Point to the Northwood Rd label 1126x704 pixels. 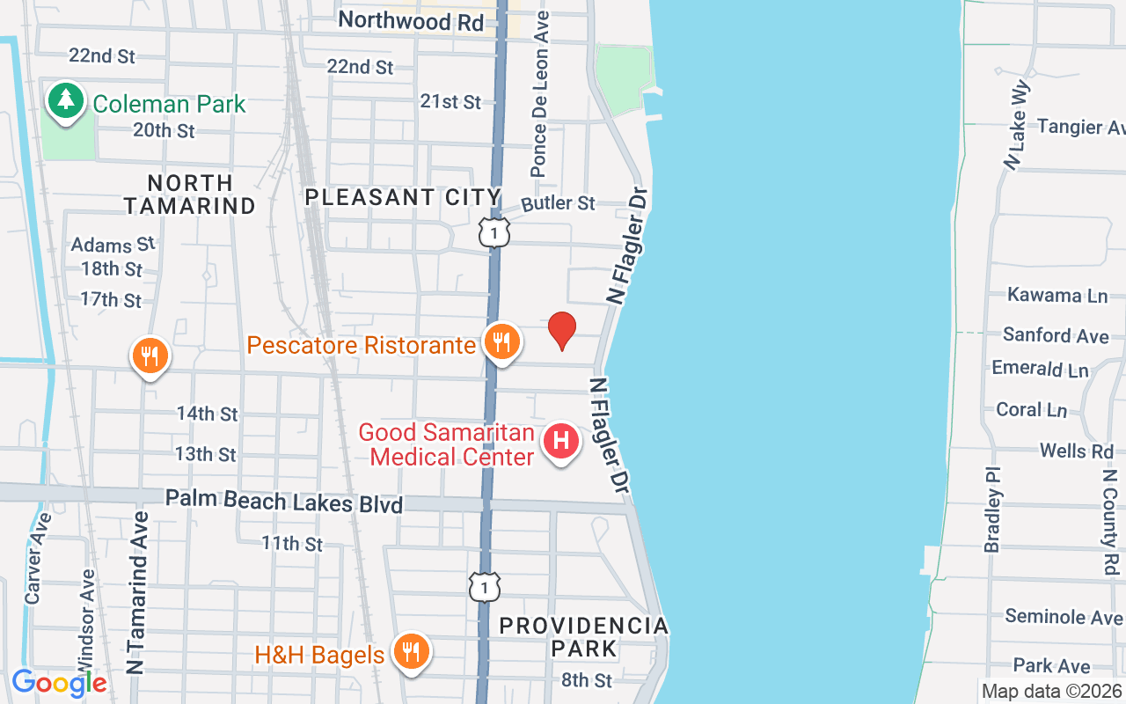[411, 20]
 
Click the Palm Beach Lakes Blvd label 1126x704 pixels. [283, 501]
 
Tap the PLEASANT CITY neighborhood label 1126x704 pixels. [403, 197]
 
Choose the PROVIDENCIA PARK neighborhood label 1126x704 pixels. [584, 637]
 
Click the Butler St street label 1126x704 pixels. [559, 203]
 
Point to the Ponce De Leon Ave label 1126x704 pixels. [540, 93]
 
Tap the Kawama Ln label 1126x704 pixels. [1057, 295]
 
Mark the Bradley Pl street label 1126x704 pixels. [993, 510]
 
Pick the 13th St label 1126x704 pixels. [206, 454]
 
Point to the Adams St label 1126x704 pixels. [113, 244]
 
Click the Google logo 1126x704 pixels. [59, 683]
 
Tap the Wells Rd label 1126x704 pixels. [1076, 451]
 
